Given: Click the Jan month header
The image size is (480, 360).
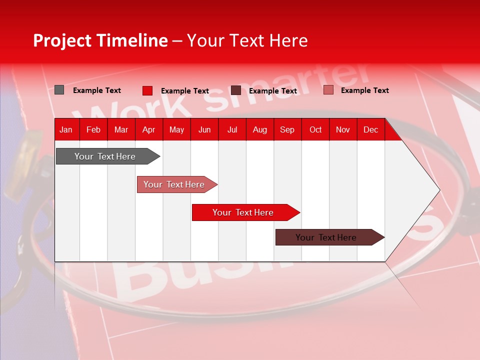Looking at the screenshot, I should pos(66,130).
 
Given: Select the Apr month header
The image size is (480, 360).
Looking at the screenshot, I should pos(149,130).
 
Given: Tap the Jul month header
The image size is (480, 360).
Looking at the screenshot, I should pos(232,130).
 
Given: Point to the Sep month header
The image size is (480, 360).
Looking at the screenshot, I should pos(287,130).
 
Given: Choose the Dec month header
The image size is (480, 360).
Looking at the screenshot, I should pos(370,130).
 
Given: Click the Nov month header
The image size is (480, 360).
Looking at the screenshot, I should pos(342,130).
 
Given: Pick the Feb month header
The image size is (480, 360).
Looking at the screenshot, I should pos(93,130).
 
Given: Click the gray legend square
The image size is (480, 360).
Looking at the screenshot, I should pos(59,90).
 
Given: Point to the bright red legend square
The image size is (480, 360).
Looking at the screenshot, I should pos(147,90).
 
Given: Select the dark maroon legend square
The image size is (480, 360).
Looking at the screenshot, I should pos(236,90).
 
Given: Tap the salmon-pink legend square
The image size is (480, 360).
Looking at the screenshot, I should pos(328,90).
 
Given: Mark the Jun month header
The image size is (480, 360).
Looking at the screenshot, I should pos(204,130).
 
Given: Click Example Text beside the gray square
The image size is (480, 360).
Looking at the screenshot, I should pos(97,90).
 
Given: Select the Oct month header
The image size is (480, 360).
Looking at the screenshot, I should pos(315,130).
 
